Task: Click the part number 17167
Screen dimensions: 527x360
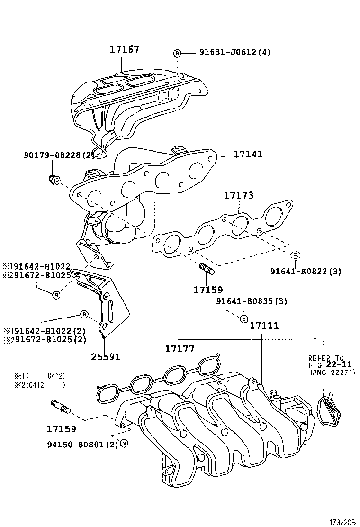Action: (125, 49)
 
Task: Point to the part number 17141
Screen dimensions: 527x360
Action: (248, 154)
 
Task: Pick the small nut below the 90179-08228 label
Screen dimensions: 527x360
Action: (54, 179)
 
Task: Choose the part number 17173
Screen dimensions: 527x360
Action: (239, 195)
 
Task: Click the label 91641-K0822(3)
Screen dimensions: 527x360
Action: (306, 272)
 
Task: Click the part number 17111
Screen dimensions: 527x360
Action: (264, 326)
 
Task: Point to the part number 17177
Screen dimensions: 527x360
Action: (180, 349)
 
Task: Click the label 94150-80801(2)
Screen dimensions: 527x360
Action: (82, 444)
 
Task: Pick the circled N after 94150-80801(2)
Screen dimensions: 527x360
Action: (124, 444)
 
